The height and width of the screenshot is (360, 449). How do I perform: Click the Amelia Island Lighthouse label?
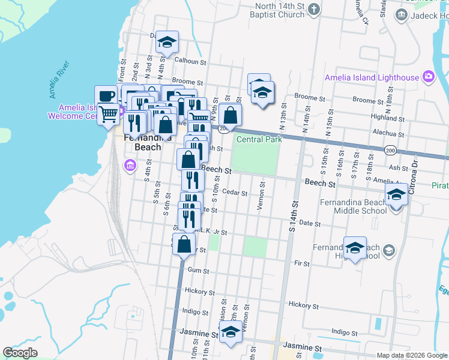(x=372, y=77)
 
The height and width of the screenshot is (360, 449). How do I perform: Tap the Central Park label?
(x=259, y=140)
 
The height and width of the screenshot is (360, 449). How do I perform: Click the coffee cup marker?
(x=106, y=97)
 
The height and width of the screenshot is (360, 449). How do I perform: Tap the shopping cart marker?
(x=109, y=114)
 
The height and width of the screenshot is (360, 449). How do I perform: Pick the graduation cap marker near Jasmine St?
(x=230, y=332)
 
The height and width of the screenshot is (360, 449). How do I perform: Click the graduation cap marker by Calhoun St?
(x=167, y=42)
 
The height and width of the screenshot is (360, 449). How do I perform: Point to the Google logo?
(x=20, y=353)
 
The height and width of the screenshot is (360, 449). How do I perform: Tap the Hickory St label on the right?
(x=302, y=304)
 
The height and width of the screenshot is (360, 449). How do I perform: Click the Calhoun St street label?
(x=190, y=61)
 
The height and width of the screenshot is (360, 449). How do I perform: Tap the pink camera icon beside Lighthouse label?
(x=428, y=77)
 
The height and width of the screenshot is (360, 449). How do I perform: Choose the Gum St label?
(x=197, y=271)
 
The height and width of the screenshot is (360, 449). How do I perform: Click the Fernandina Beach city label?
(x=142, y=142)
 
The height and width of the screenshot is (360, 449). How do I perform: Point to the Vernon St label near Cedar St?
(x=261, y=197)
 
